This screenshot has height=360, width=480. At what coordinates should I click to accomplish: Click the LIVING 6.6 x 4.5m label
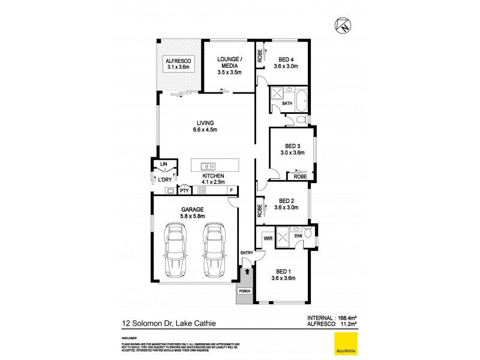[205, 126]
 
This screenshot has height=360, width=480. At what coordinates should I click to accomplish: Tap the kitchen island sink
[208, 166]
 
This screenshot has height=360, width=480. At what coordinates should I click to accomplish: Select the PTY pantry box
[184, 191]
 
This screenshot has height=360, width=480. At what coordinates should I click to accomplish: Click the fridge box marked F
[231, 191]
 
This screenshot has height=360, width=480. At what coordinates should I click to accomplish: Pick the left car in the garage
[175, 249]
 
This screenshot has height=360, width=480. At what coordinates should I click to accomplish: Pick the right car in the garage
[214, 249]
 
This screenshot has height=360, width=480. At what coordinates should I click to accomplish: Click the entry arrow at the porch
[247, 272]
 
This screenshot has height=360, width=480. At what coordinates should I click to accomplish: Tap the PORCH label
[244, 291]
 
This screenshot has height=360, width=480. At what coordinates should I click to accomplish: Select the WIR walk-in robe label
[268, 238]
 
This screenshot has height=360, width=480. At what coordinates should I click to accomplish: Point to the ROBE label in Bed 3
[300, 176]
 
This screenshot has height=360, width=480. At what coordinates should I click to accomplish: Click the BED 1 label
[284, 274]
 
